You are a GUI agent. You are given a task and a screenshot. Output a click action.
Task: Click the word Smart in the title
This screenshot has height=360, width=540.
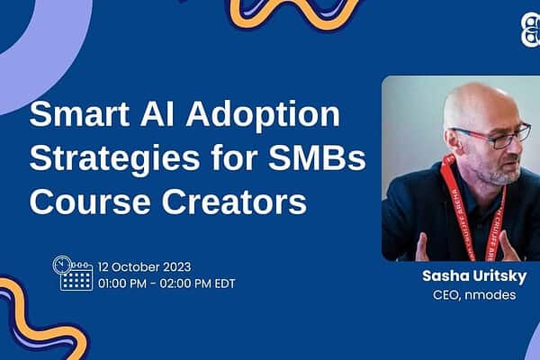(x=79, y=114)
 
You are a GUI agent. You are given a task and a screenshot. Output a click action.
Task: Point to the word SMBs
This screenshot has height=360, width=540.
(x=317, y=157)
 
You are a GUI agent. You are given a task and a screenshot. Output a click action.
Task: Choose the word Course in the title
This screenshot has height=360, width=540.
(x=90, y=202)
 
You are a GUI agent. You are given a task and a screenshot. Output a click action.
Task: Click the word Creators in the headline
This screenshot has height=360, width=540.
(x=234, y=202)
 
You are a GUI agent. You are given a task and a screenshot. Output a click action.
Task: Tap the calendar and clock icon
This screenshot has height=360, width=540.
(x=73, y=273)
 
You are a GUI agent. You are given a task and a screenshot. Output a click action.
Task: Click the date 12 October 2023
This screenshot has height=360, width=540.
(x=144, y=267)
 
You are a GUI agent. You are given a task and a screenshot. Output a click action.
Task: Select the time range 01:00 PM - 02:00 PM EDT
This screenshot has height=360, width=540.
(x=166, y=283)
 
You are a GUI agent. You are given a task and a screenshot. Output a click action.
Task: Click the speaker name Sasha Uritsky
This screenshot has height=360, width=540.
(x=474, y=276)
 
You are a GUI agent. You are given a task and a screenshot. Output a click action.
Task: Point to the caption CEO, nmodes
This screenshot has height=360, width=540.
(x=474, y=295)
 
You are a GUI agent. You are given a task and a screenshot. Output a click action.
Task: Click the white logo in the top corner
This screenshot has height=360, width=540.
(x=530, y=30)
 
